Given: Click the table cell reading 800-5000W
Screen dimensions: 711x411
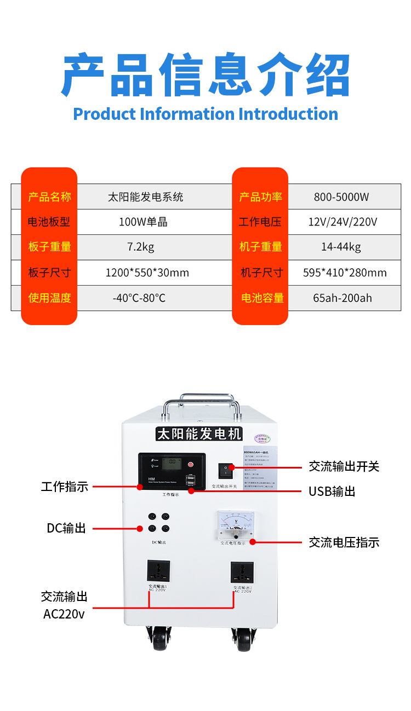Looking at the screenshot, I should coord(341,197).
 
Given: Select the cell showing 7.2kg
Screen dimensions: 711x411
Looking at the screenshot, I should coord(141,247).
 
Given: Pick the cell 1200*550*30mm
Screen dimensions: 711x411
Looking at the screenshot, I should coord(147,273).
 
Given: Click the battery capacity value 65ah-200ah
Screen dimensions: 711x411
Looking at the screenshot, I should coord(342,298).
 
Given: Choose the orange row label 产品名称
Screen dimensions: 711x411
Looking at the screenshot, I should coord(49,197).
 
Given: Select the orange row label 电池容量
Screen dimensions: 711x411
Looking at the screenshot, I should coord(262,298).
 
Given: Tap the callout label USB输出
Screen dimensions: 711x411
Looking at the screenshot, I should coord(332,492).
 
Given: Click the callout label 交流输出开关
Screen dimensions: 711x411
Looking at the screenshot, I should coord(344,466).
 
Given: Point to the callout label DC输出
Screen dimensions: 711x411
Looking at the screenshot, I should coord(66,528).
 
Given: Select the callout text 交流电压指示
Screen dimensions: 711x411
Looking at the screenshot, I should coord(344,542).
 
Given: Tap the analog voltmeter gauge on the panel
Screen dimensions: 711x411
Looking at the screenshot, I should coord(236,524).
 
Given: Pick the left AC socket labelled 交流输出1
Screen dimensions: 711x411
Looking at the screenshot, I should coord(158,571).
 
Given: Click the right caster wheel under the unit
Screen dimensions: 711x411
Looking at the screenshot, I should coord(243,639).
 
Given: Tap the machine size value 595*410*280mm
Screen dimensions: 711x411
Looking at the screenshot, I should coord(345,273).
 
